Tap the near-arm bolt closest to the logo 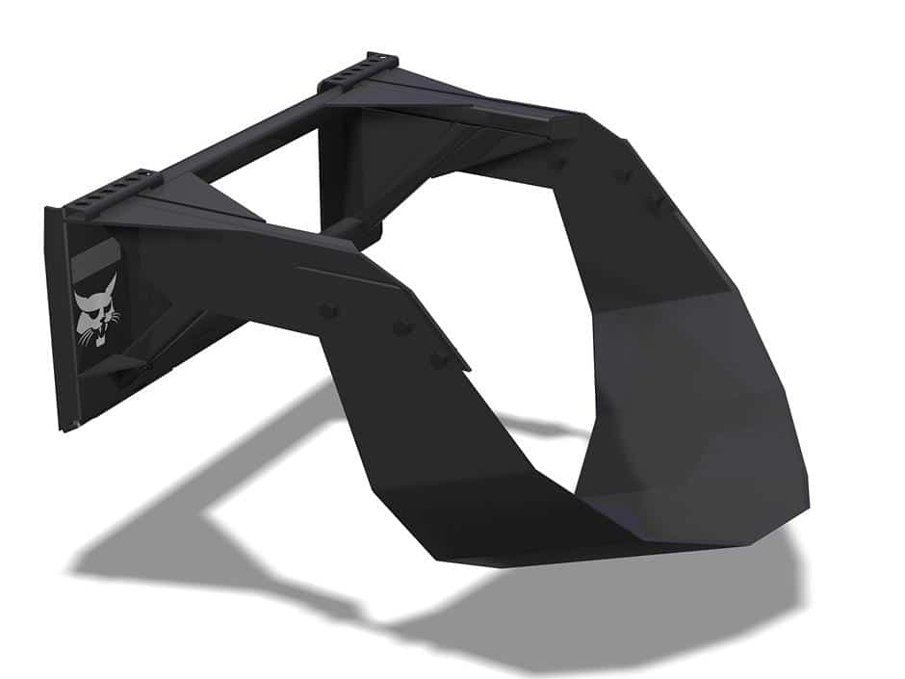point(329,309)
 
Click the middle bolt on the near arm point(401,327)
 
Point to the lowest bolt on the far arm point(657,202)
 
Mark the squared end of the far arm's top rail point(568,124)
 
